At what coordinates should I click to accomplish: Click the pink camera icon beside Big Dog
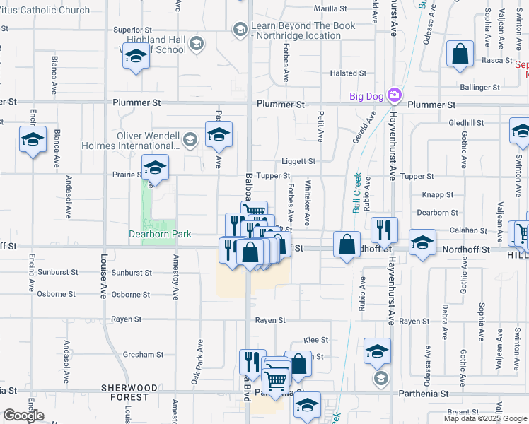pyautogui.click(x=395, y=95)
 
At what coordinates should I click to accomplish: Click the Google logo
pyautogui.click(x=23, y=416)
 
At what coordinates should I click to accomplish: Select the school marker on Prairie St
pyautogui.click(x=155, y=168)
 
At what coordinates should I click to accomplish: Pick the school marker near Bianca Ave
pyautogui.click(x=33, y=140)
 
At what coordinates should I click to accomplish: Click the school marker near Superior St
pyautogui.click(x=136, y=57)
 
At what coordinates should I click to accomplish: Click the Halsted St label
pyautogui.click(x=346, y=73)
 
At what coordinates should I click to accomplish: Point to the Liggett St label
pyautogui.click(x=298, y=161)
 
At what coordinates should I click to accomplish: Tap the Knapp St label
pyautogui.click(x=438, y=194)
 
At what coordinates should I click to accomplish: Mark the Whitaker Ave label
pyautogui.click(x=308, y=210)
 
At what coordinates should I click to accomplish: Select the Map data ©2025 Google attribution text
pyautogui.click(x=485, y=418)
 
